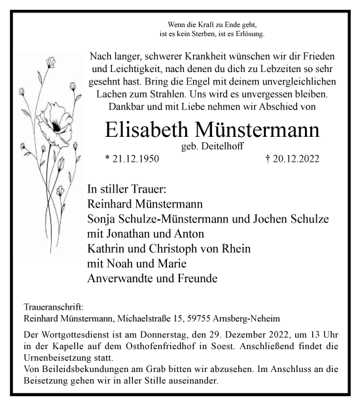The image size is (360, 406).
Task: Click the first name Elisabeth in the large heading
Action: (x=147, y=129)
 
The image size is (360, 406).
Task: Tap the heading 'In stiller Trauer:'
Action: (x=127, y=188)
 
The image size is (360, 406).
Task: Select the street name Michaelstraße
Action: (x=147, y=319)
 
